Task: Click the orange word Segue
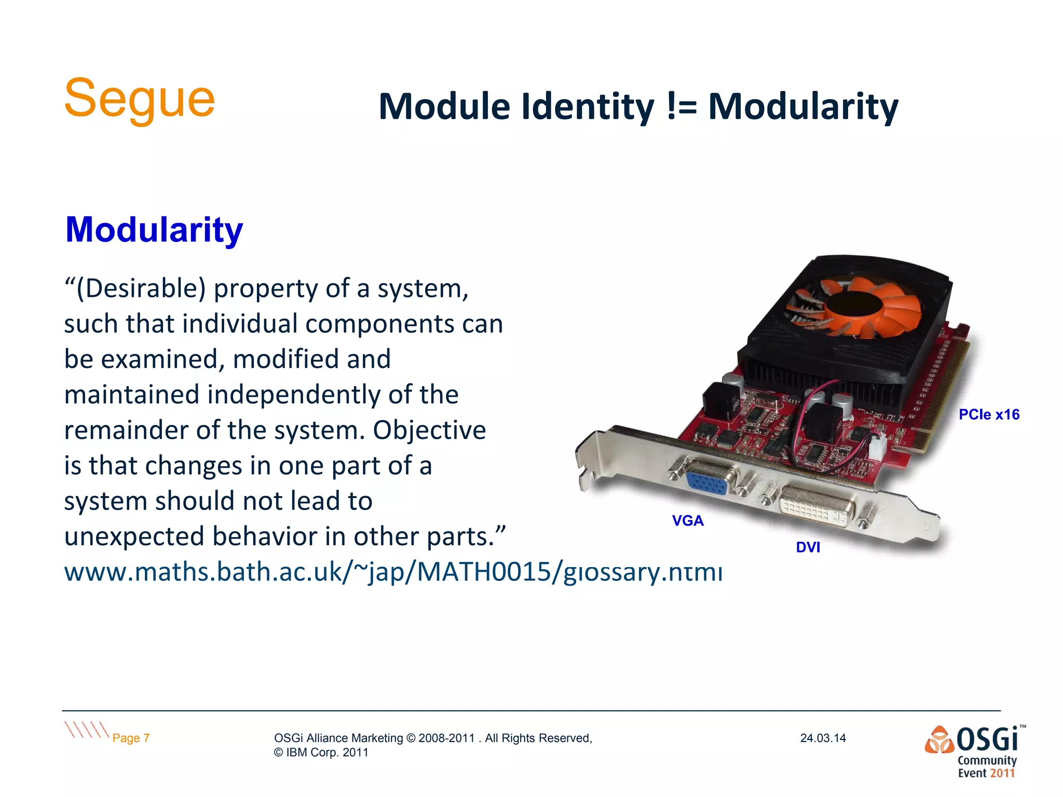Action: coord(139,99)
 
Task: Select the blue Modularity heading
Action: coord(154,229)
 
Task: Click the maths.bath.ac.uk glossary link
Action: coord(393,572)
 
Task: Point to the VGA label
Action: coord(688,520)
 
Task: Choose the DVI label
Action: coord(808,547)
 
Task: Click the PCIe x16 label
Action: coord(989,415)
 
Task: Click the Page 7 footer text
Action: coord(131,738)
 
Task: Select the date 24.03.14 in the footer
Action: coord(823,738)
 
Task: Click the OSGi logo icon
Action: coord(939,740)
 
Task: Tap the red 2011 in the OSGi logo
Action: coord(1002,773)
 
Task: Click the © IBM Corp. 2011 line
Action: coord(321,752)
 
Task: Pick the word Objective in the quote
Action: coord(429,430)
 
